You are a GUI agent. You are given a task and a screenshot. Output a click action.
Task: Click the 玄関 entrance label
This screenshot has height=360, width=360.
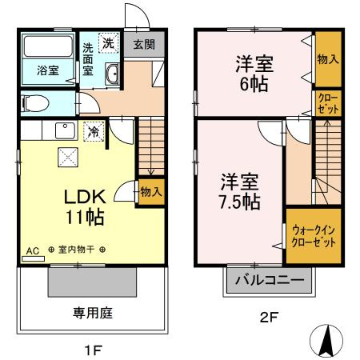(x=144, y=45)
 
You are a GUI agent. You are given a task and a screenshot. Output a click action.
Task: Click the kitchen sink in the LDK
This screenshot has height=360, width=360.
(x=62, y=130)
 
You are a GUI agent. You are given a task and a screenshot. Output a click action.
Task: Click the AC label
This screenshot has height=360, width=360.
(x=33, y=250)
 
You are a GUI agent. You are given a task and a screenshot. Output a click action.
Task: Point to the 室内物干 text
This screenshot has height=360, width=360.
(x=77, y=250)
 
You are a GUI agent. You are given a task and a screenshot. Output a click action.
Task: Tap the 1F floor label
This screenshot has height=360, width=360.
(x=94, y=349)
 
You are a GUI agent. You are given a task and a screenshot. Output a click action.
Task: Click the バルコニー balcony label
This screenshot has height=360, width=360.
(x=268, y=281)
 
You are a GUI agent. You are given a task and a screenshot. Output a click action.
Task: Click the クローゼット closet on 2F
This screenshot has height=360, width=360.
(x=326, y=103)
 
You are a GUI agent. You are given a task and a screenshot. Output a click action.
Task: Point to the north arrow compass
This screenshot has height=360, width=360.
(x=326, y=341)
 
